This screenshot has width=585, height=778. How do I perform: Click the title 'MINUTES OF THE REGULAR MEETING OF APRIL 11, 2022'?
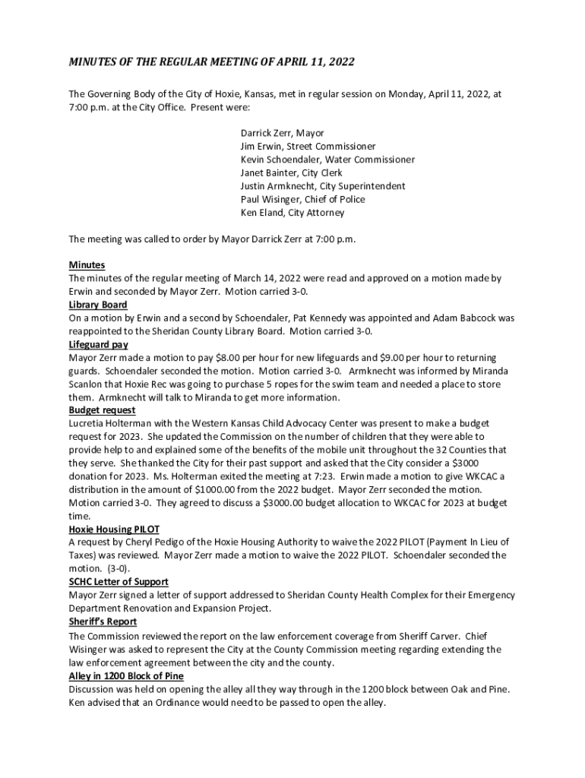point(211,61)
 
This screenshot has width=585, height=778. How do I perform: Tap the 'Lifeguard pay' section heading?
point(98,344)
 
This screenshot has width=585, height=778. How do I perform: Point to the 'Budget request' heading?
point(102,410)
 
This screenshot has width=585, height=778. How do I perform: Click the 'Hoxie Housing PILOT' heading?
point(113,529)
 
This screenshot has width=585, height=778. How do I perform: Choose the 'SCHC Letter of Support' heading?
point(118,582)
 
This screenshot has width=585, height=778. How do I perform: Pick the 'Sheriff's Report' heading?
point(103,621)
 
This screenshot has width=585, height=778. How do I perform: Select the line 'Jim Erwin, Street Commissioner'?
point(308,146)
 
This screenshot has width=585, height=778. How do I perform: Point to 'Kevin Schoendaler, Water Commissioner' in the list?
point(327,160)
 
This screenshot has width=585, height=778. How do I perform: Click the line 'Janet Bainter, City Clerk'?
point(292,172)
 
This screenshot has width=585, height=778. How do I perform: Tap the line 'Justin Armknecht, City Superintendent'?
point(323,186)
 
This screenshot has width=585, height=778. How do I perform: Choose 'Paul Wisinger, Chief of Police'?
point(303,199)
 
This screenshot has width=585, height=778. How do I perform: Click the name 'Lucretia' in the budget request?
point(87,423)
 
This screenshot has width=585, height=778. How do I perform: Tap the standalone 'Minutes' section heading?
point(87,265)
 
